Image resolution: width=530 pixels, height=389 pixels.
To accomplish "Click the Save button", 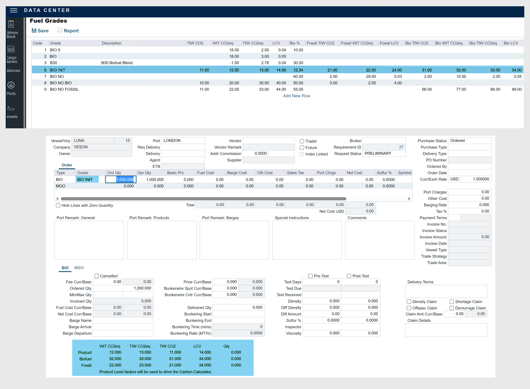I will [40, 31].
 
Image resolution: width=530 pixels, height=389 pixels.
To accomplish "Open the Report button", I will [68, 31].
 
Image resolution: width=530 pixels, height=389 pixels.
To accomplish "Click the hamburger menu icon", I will [13, 11].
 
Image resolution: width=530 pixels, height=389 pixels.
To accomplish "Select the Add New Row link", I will [296, 96].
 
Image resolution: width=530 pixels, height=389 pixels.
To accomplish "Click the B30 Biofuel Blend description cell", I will [117, 63].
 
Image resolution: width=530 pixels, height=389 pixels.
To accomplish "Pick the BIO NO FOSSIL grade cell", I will [64, 89].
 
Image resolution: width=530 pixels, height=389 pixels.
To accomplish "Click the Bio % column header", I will [294, 43].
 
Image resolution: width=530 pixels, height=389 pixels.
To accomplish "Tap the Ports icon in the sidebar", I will [11, 85].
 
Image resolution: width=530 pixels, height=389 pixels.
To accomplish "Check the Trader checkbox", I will [302, 141].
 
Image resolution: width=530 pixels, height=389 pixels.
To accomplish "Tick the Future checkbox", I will [302, 148].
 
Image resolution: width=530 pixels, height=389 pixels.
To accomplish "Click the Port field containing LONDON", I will [183, 141].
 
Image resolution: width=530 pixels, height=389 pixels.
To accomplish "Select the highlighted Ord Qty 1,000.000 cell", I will [121, 179].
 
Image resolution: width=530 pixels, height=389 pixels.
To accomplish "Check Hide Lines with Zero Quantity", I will [58, 205].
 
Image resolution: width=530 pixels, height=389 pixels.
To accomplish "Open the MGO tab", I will [79, 268].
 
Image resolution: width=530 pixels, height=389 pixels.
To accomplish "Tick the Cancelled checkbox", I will [97, 276].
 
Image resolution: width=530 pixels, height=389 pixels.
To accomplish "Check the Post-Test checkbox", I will [349, 276].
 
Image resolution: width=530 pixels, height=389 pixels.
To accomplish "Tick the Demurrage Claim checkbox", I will [452, 308].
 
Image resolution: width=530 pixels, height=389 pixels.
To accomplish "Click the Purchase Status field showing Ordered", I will [469, 141].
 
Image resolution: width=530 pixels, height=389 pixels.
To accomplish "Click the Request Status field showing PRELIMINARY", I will [384, 153].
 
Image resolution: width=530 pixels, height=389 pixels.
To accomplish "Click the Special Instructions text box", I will [307, 240].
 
